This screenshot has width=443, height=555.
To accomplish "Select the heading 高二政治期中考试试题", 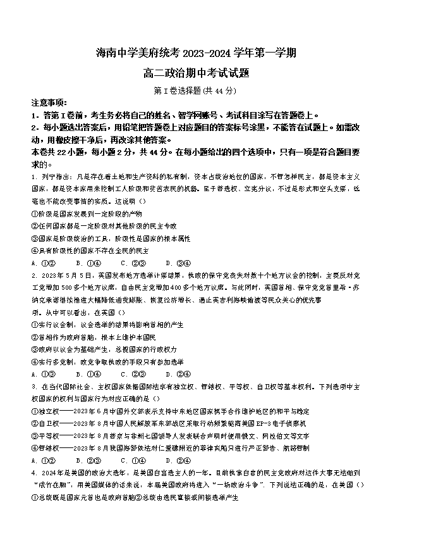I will [x=197, y=74].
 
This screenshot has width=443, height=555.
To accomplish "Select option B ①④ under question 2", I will [x=85, y=374].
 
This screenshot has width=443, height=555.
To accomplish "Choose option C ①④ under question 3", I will [x=130, y=460].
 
